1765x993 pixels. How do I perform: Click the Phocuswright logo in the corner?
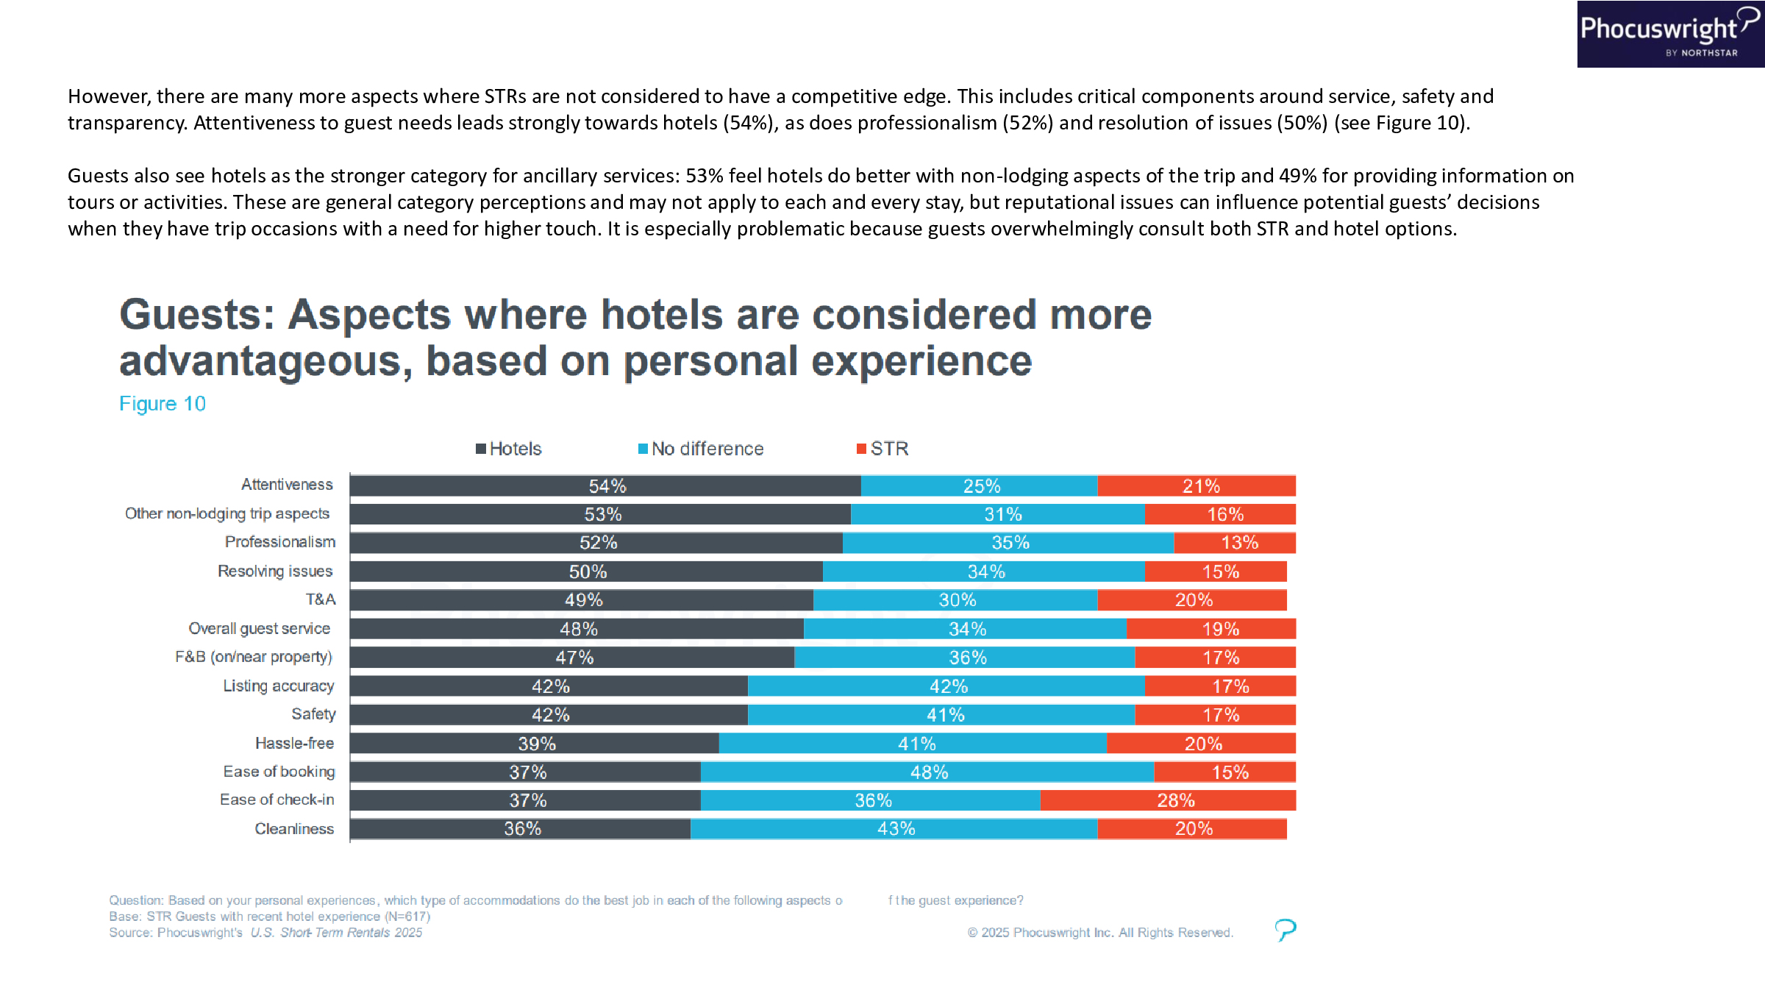1669,34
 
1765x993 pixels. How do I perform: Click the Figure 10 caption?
163,404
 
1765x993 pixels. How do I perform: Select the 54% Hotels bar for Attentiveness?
605,486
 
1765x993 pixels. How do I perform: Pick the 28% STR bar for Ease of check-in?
1168,800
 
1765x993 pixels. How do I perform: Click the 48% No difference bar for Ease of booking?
927,772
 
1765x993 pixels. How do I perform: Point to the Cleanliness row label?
294,829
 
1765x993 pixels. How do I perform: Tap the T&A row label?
321,599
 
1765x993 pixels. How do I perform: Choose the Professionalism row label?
280,542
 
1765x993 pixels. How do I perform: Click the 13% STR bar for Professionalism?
1235,543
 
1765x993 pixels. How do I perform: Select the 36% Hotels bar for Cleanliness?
521,829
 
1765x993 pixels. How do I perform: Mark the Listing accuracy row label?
279,686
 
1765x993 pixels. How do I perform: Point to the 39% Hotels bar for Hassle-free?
535,744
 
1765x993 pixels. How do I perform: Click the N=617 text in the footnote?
407,917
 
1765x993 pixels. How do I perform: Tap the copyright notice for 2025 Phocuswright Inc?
1100,933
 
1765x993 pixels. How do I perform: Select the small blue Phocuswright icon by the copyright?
1285,930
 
